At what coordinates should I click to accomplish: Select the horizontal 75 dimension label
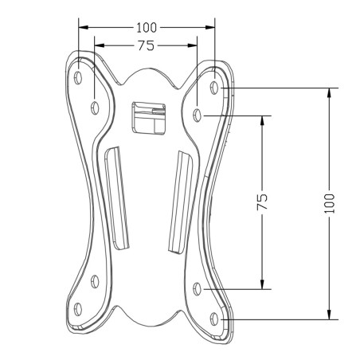click(x=145, y=46)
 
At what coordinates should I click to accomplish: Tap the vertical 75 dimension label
click(x=262, y=202)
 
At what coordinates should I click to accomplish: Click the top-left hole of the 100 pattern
click(x=78, y=78)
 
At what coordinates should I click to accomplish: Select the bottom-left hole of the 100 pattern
click(x=78, y=308)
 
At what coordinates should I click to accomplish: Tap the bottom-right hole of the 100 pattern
click(x=213, y=317)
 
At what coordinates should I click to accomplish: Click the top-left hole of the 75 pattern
click(x=95, y=105)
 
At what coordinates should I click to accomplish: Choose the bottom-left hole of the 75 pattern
click(x=95, y=280)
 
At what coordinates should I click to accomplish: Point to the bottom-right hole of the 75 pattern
click(x=198, y=288)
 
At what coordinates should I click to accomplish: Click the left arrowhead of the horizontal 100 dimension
click(x=83, y=26)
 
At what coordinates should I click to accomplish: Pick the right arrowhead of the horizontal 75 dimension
click(x=194, y=46)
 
